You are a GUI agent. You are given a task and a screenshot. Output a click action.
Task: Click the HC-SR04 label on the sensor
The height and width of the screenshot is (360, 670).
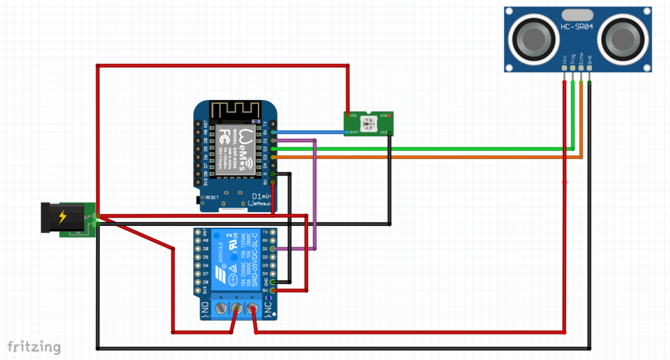[576, 27]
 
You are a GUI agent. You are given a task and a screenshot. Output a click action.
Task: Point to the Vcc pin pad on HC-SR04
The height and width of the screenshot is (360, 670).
[564, 67]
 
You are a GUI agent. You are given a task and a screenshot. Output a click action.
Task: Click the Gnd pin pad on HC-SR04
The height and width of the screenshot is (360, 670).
[590, 67]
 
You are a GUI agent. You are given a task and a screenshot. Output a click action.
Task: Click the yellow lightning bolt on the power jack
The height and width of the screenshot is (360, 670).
[62, 217]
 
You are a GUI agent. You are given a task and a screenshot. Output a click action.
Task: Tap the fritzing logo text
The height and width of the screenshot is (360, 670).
[34, 346]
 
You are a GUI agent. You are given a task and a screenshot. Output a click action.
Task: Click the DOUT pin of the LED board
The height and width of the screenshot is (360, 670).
[347, 132]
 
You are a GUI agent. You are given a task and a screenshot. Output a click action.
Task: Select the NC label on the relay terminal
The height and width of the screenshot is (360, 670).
[268, 308]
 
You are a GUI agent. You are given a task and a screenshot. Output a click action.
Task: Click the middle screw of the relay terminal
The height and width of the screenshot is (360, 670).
[236, 308]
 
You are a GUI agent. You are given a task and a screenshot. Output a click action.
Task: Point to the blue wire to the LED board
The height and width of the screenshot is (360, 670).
[308, 132]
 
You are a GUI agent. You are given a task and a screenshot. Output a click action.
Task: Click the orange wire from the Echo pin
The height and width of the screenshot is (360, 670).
[425, 157]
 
